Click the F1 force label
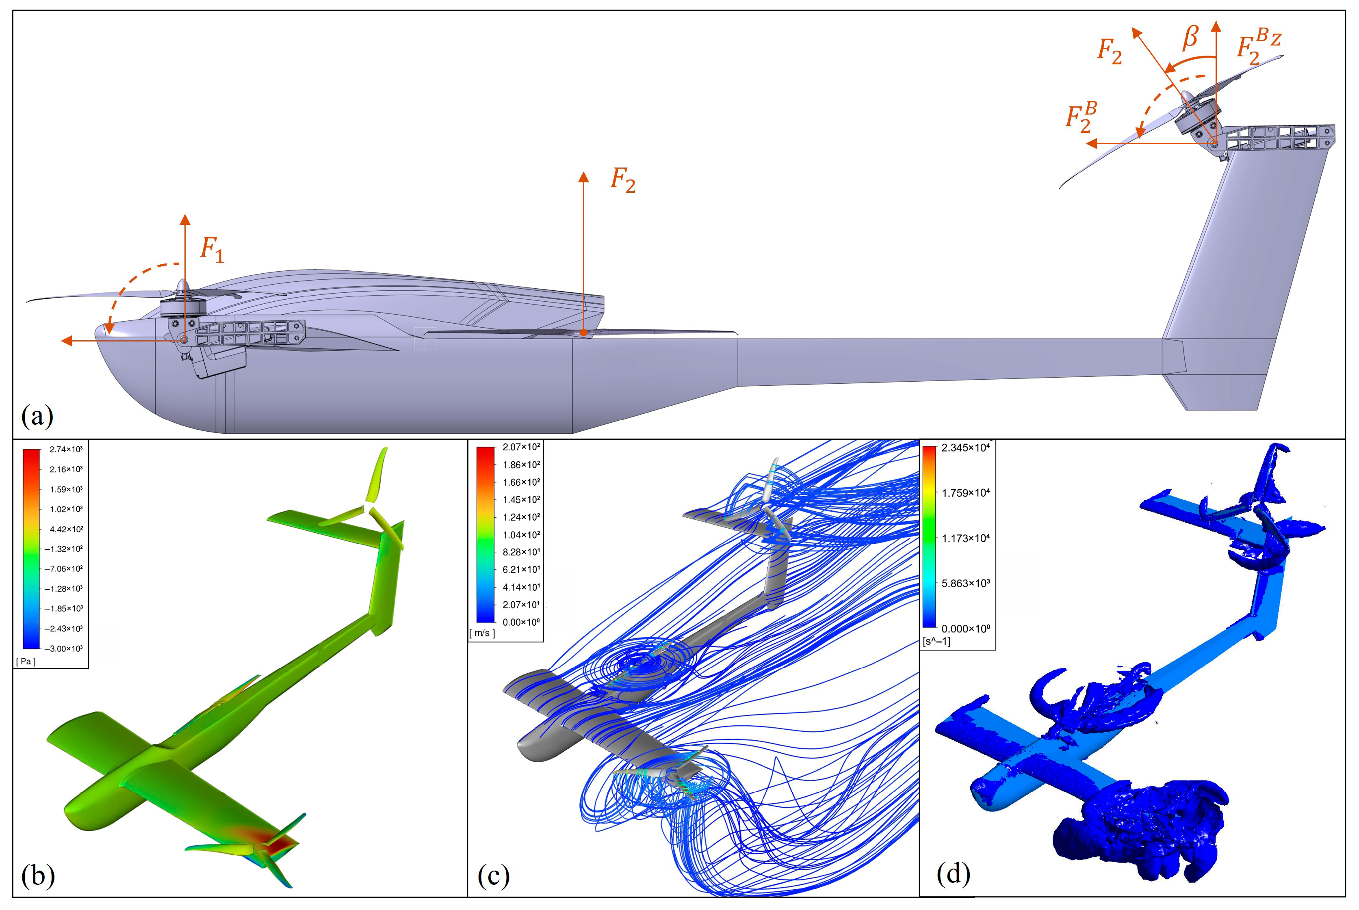212,250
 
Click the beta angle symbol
1190,37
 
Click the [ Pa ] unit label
26,661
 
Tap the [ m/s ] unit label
482,633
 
